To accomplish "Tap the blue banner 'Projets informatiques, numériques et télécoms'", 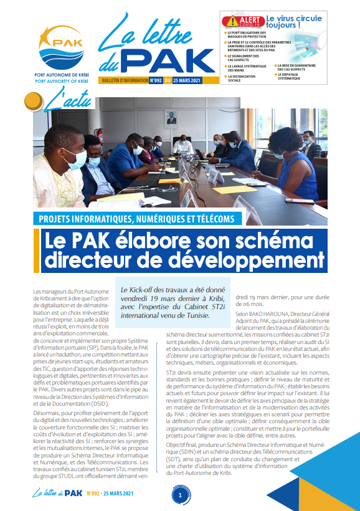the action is [136, 219].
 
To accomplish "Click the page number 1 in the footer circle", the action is [180, 495].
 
